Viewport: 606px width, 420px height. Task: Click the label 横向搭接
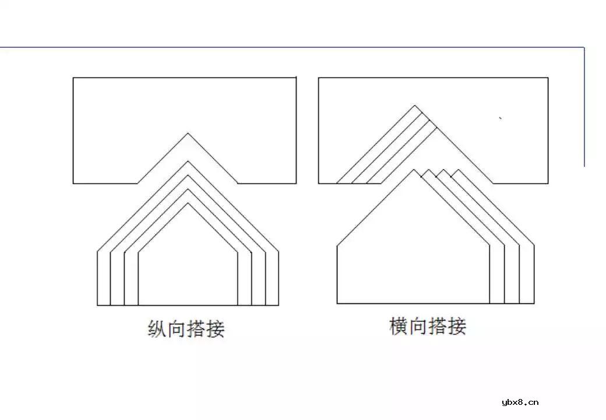click(x=428, y=326)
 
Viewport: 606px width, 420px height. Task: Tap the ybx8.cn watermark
click(x=520, y=402)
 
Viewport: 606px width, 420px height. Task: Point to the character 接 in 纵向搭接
click(x=215, y=330)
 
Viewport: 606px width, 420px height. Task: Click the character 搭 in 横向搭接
click(x=438, y=326)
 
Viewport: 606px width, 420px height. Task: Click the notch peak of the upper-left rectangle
click(x=188, y=134)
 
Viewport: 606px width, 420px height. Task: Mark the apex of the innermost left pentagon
click(x=188, y=203)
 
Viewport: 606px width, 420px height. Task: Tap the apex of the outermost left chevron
click(x=188, y=161)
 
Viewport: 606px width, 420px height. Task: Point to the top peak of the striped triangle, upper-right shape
click(x=415, y=106)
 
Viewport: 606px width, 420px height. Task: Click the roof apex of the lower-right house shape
click(x=414, y=170)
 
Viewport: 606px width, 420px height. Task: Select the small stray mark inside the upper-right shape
click(x=501, y=118)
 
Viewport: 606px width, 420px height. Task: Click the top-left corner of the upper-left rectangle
click(x=73, y=78)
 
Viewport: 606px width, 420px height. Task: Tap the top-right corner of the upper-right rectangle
click(x=548, y=78)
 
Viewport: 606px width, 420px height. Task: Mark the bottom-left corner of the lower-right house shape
click(x=337, y=303)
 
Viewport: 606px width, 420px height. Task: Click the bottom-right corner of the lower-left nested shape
click(x=278, y=305)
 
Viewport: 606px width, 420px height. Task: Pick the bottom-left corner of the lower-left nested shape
click(x=97, y=305)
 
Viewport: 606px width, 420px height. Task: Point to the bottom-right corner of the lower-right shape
click(x=534, y=303)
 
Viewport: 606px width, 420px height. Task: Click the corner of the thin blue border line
click(x=584, y=47)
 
